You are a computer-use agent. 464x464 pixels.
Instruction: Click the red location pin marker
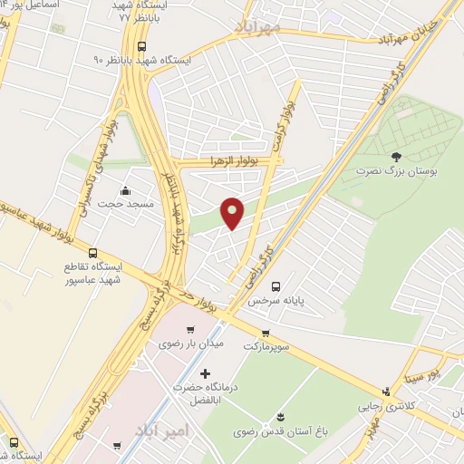[233, 212]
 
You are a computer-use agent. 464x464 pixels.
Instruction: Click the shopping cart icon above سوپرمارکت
[266, 333]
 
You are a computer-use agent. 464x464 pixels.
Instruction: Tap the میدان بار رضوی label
[190, 345]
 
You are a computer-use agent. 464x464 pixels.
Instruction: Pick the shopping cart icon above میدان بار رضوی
[189, 330]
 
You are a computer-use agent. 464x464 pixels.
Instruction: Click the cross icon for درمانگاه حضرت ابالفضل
[205, 373]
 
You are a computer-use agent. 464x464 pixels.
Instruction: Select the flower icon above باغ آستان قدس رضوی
[279, 417]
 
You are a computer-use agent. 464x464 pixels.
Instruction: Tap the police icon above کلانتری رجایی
[388, 391]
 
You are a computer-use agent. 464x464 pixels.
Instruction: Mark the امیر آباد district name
[164, 429]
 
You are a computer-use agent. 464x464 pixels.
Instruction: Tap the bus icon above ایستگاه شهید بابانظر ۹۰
[140, 45]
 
